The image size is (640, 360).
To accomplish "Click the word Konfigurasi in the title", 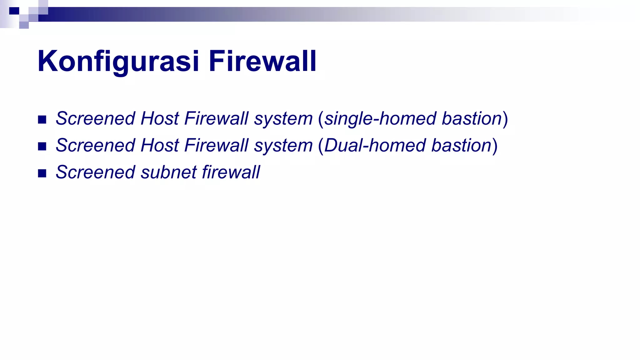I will [x=118, y=61].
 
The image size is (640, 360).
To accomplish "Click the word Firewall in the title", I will [x=262, y=61].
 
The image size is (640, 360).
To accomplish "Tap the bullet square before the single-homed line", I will [x=42, y=120].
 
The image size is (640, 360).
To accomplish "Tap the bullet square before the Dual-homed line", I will [x=42, y=147].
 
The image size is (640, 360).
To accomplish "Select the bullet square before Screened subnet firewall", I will [x=42, y=173].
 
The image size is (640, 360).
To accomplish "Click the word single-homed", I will [x=380, y=119].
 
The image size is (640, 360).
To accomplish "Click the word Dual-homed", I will [x=375, y=146].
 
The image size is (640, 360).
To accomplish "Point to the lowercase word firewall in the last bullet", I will [x=231, y=172].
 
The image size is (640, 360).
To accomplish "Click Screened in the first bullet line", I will [x=95, y=119].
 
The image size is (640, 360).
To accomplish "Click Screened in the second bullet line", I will [x=95, y=146].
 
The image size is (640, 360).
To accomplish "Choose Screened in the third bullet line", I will [x=95, y=172].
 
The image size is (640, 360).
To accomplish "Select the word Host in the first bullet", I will [x=160, y=119].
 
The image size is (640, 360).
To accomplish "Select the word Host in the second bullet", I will [x=160, y=146].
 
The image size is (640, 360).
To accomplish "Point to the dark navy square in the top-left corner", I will [x=14, y=11].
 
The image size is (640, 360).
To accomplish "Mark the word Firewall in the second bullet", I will [x=216, y=146].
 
